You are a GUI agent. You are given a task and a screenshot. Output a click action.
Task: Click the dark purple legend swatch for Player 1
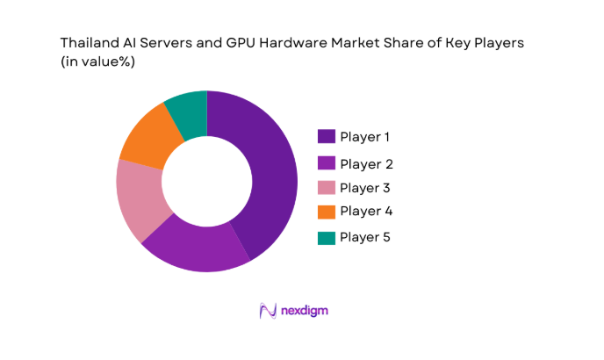pos(326,136)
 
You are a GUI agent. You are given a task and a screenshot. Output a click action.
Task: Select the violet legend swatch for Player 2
pos(326,163)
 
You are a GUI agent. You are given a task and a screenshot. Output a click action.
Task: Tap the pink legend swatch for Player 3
pos(326,187)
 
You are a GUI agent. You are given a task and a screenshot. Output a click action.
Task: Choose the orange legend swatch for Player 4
pos(326,211)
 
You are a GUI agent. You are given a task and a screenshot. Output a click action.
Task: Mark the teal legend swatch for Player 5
pos(326,237)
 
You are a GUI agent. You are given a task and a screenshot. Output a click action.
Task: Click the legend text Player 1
pos(365,137)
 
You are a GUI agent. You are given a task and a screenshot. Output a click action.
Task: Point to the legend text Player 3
pos(365,188)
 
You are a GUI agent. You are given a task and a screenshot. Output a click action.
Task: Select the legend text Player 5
pos(365,238)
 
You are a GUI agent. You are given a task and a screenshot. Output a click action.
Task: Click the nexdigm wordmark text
pos(305,311)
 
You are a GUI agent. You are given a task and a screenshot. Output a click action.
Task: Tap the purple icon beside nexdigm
pos(269,311)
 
